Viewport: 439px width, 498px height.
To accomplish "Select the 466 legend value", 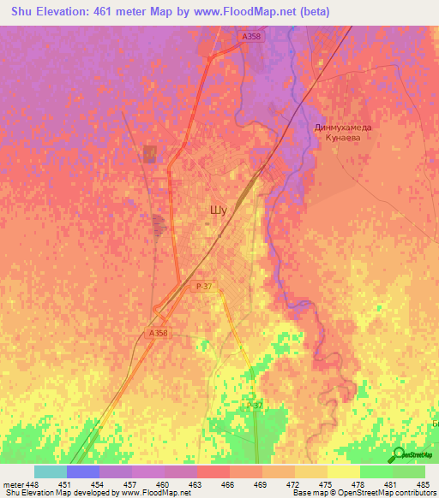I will pyautogui.click(x=229, y=483).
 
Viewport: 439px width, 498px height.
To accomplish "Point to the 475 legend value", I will pyautogui.click(x=327, y=483).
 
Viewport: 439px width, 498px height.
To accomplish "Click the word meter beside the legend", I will pyautogui.click(x=13, y=483).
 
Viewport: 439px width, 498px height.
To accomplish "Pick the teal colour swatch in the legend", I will pyautogui.click(x=51, y=471).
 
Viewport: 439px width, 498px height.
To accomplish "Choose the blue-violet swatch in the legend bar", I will pyautogui.click(x=83, y=471).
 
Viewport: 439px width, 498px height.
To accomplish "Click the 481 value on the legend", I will pyautogui.click(x=392, y=483).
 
